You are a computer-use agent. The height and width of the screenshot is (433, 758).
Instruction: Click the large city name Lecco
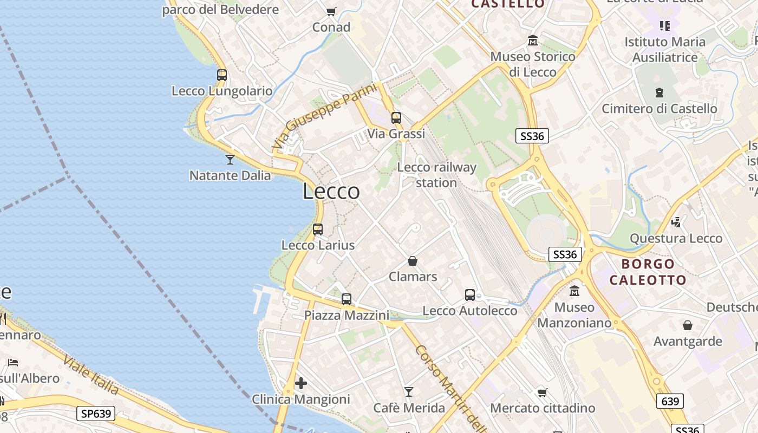[331, 191]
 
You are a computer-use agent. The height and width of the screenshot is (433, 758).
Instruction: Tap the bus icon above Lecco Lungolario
[222, 75]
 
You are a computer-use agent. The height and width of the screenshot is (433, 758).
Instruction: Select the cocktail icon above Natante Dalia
[230, 159]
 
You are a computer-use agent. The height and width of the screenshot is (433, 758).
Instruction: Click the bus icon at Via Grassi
[396, 117]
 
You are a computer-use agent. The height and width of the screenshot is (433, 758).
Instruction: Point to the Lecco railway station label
[436, 175]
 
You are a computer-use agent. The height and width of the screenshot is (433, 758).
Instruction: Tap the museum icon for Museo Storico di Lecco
[533, 41]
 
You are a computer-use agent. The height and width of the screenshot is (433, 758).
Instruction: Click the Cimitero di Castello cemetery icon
[659, 93]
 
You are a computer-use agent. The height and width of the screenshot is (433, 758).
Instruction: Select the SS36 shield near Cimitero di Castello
[532, 136]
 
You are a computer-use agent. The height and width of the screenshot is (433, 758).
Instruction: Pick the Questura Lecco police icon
[676, 222]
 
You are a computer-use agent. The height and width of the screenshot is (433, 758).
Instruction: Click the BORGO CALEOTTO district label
[648, 272]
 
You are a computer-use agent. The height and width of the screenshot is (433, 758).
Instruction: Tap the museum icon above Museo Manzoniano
[574, 291]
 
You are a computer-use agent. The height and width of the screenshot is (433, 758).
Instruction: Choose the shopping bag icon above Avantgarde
[687, 325]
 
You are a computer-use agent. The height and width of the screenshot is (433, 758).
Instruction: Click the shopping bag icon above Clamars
[413, 261]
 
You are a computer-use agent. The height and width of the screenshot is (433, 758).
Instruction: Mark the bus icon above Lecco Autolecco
[470, 295]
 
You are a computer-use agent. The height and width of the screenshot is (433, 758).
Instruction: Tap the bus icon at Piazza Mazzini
[347, 299]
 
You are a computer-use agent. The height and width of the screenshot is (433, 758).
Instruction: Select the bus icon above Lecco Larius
[318, 229]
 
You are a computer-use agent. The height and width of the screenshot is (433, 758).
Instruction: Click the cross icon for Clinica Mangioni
[301, 383]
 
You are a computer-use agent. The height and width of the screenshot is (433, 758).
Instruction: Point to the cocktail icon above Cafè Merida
[409, 391]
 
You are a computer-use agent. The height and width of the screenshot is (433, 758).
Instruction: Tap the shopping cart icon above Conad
[331, 11]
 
